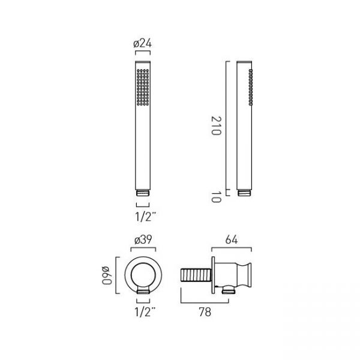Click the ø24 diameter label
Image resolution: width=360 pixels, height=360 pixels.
point(142,43)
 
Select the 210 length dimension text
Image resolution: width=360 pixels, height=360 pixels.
point(216,126)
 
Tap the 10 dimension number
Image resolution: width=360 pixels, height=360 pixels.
point(216,197)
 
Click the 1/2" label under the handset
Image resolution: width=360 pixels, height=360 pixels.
point(145,217)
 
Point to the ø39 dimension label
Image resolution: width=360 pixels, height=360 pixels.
point(143,239)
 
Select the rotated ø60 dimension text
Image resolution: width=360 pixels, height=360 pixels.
point(107,275)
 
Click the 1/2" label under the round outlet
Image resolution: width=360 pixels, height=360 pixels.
point(145,312)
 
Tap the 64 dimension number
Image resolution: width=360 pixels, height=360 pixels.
point(231,239)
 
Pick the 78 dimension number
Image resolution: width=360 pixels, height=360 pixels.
point(205,312)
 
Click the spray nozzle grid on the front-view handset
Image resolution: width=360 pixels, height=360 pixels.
point(143,87)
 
